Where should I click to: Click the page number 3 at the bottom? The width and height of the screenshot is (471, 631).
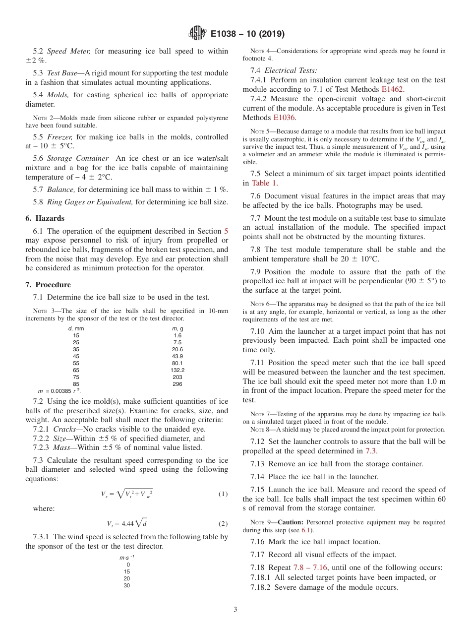(235, 609)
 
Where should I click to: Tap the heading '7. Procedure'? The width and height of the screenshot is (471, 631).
(48, 285)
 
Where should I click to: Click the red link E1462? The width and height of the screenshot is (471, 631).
(392, 89)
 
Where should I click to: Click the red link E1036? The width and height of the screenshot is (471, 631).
(284, 118)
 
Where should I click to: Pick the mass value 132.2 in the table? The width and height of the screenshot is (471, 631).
(177, 370)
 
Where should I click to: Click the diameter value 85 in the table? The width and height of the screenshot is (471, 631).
(76, 384)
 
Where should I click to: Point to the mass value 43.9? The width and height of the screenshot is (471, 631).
(177, 356)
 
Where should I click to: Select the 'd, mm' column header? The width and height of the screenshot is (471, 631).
(76, 328)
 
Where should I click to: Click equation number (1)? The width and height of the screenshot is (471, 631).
(223, 494)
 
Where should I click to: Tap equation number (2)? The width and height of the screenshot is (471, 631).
(223, 523)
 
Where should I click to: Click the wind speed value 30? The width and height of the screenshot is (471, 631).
(127, 585)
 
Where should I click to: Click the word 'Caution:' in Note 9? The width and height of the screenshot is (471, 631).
(291, 522)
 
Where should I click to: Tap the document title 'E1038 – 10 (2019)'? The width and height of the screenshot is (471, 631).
(247, 34)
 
